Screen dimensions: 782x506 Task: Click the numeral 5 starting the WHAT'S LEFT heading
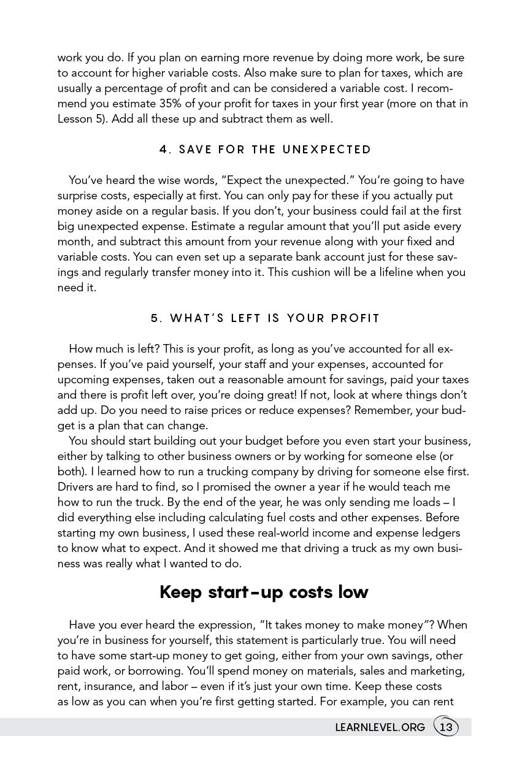pyautogui.click(x=155, y=318)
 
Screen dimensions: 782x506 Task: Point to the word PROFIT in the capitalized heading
pyautogui.click(x=356, y=318)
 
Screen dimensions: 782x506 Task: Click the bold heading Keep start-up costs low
pyautogui.click(x=264, y=592)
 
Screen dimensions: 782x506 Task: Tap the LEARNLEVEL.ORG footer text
pyautogui.click(x=380, y=727)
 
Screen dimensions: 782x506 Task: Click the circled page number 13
pyautogui.click(x=446, y=727)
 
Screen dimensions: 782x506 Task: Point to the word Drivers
pyautogui.click(x=77, y=487)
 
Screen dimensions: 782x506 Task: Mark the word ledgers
pyautogui.click(x=437, y=533)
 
